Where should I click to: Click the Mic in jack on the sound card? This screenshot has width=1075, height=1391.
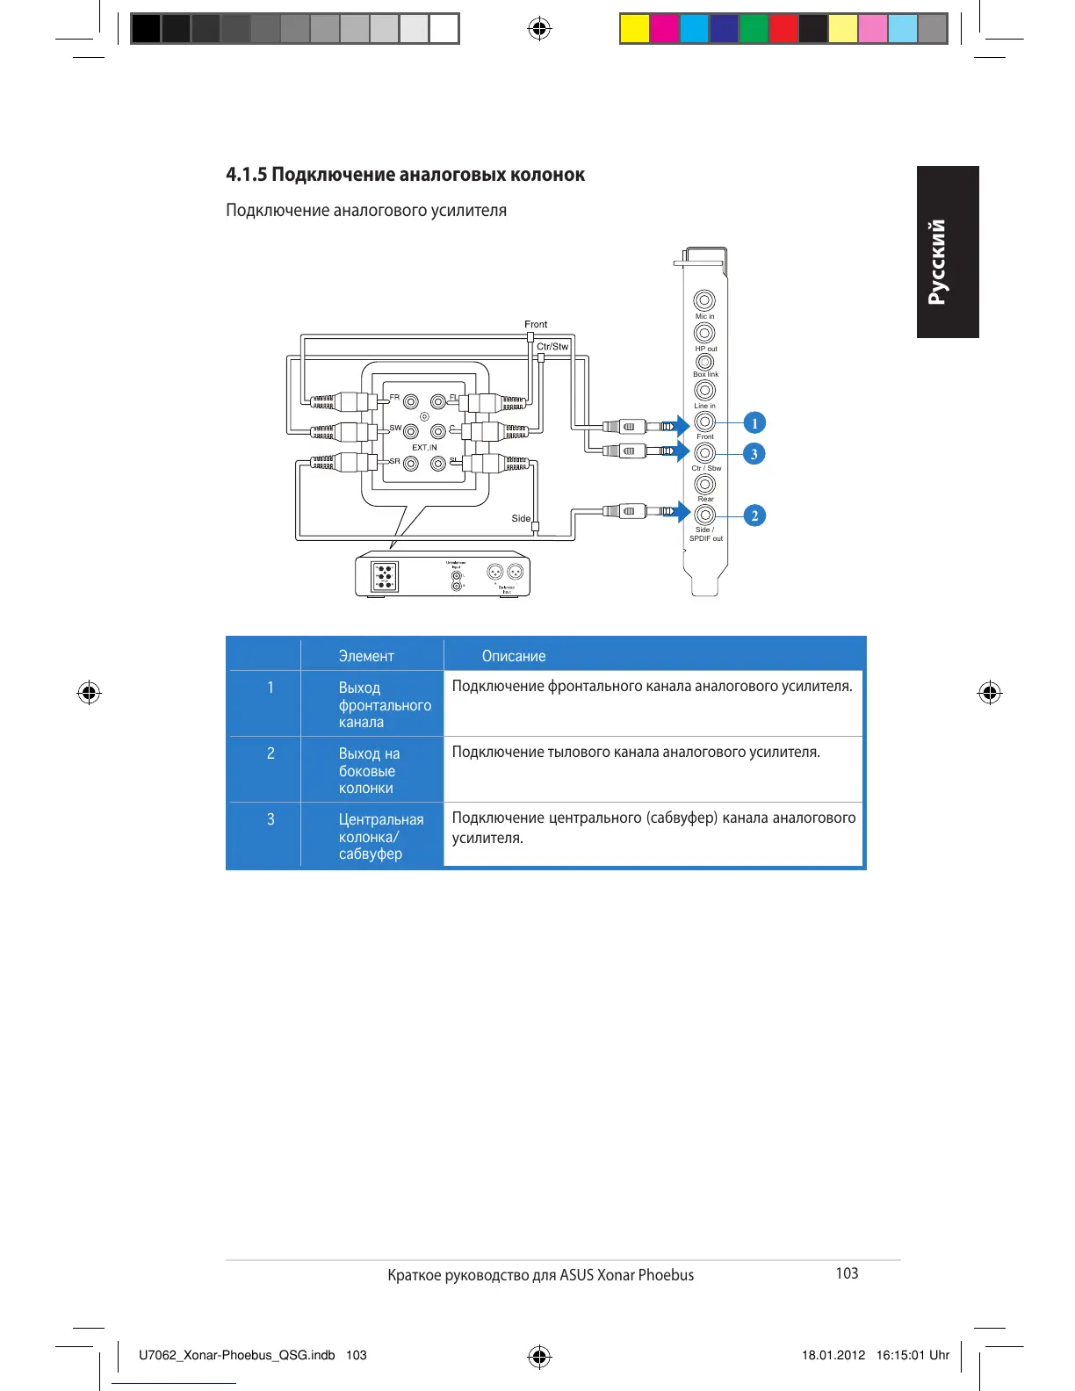point(704,300)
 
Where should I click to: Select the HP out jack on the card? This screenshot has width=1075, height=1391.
point(704,333)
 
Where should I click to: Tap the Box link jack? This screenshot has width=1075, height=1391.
point(704,362)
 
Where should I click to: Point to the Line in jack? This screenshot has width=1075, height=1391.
point(704,390)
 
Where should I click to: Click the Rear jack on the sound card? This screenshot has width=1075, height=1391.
point(704,484)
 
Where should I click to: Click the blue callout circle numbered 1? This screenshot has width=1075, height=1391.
point(754,423)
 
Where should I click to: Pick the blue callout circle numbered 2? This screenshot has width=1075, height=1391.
point(754,515)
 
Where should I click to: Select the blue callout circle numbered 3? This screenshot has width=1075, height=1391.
point(754,454)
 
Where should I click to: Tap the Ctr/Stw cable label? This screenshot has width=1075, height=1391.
point(552,347)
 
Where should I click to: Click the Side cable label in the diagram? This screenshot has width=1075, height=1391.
point(521,518)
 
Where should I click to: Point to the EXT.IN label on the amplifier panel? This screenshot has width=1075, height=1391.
point(424,448)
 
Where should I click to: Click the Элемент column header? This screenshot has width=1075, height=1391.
point(366,656)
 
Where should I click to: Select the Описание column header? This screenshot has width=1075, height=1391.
point(514,656)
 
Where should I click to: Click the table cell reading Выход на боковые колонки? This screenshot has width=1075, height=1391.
point(369,770)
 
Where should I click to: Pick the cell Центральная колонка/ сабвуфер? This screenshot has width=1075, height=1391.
point(381,836)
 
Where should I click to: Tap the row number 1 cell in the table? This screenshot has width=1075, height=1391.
point(271,688)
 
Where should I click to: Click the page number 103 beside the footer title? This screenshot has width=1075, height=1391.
point(847,1273)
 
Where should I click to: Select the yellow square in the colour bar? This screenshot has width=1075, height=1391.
point(634,29)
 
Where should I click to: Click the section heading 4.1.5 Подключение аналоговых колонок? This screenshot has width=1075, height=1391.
point(405,175)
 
